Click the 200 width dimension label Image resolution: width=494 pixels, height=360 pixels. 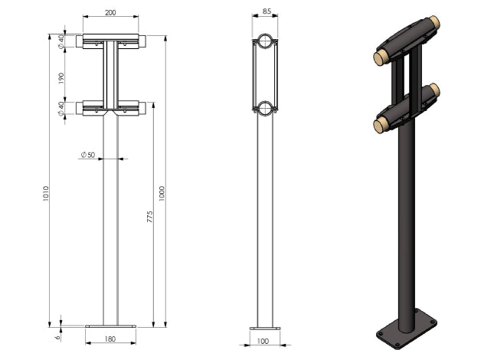(x=110, y=12)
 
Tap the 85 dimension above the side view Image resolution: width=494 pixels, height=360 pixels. (x=267, y=11)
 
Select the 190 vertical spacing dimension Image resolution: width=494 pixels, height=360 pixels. (x=61, y=78)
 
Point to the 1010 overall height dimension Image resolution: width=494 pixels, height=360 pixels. (x=46, y=194)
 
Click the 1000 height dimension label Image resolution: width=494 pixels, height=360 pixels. (x=162, y=193)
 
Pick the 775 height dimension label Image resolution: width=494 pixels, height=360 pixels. (x=149, y=217)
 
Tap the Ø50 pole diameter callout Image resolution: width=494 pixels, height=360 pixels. (x=88, y=155)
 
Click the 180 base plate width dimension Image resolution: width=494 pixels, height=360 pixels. (x=110, y=339)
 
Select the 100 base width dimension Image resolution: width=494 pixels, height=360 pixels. (x=263, y=341)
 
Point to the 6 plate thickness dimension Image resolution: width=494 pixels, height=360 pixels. (x=57, y=337)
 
